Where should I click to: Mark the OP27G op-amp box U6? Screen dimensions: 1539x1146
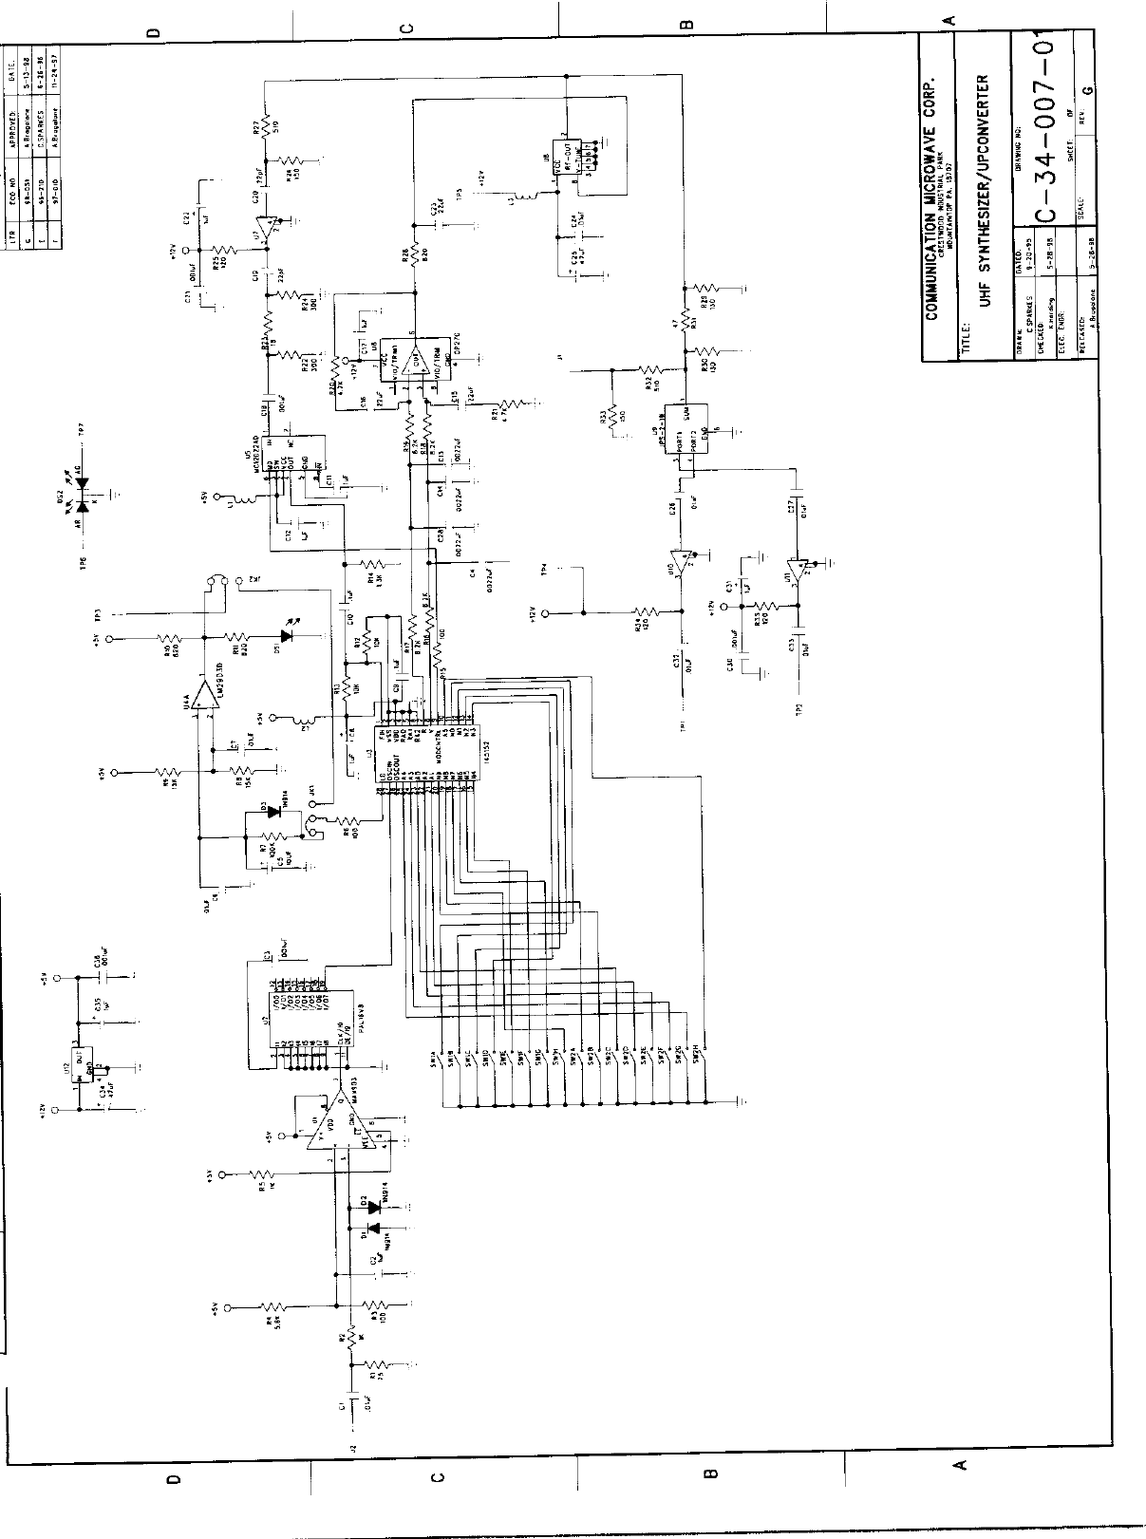click(411, 362)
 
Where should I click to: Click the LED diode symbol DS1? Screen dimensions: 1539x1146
click(286, 637)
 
